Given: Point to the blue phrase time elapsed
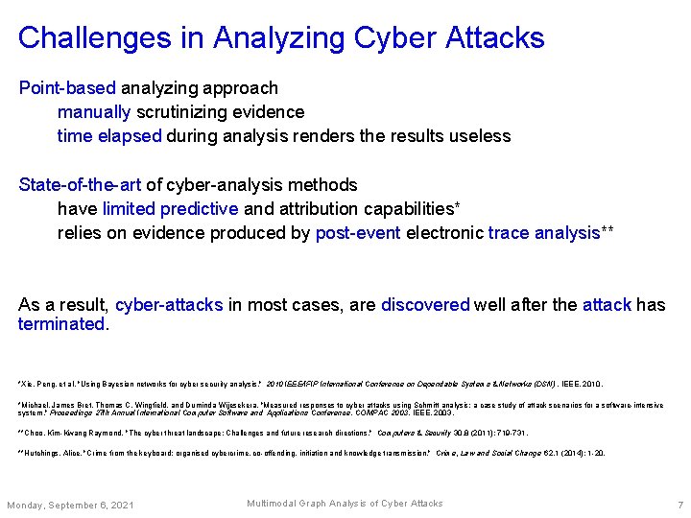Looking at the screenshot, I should pyautogui.click(x=109, y=136).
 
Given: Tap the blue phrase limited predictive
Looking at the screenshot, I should pyautogui.click(x=170, y=208).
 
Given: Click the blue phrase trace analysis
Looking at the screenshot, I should pyautogui.click(x=543, y=232).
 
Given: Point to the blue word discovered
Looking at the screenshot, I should pyautogui.click(x=425, y=305).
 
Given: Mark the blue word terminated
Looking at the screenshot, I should pyautogui.click(x=61, y=324).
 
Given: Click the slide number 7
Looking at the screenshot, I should pyautogui.click(x=679, y=505).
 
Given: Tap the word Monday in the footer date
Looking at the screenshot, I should pyautogui.click(x=26, y=505).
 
